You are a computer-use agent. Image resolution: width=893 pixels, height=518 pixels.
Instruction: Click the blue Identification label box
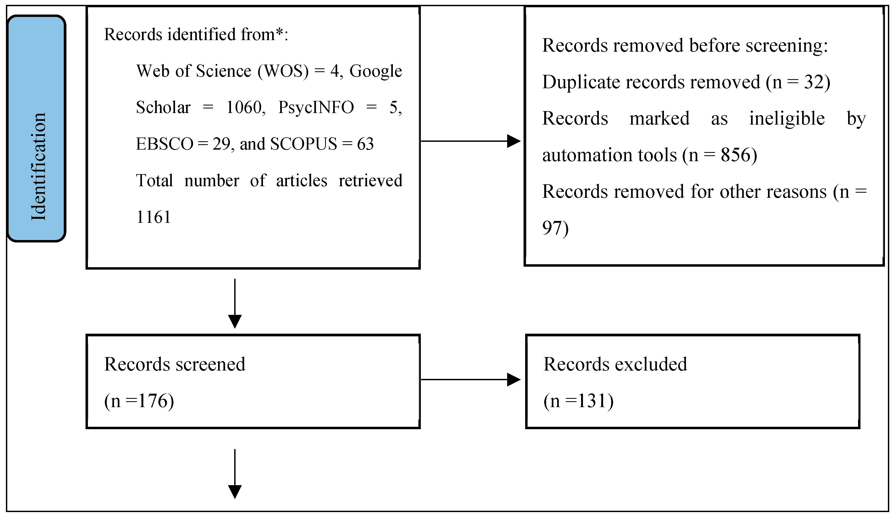(x=37, y=129)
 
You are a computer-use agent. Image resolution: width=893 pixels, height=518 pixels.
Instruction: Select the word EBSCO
(x=164, y=144)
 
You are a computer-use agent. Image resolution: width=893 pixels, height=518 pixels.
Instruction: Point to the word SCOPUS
(x=303, y=144)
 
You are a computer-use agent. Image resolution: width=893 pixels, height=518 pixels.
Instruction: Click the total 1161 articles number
(x=153, y=217)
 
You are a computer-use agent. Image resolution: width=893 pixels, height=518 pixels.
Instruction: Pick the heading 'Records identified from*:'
(x=196, y=34)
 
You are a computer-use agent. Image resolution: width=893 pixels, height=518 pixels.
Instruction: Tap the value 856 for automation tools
(x=736, y=155)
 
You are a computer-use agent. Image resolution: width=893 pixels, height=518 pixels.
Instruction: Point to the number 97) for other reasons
(x=555, y=228)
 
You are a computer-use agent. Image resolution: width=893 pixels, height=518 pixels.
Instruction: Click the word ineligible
(x=787, y=118)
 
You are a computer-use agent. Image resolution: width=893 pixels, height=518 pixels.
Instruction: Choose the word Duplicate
(x=581, y=82)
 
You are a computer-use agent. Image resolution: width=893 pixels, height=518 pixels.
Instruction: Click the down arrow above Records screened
(x=234, y=304)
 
